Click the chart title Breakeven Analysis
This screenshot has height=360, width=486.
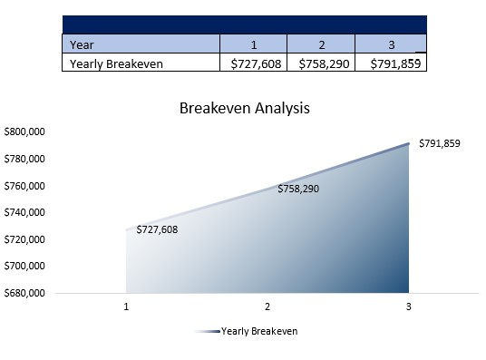coord(245,109)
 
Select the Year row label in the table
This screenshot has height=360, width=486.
coord(81,44)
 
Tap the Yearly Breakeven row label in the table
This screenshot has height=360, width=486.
coord(106,63)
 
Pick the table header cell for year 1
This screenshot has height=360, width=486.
coord(254,44)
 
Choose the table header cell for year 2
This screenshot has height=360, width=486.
coord(321,44)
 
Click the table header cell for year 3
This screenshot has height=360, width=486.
coord(390,44)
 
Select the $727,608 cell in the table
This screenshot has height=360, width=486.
coord(254,63)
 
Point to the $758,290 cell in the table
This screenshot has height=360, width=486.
coord(321,63)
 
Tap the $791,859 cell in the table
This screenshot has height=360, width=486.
coord(391,63)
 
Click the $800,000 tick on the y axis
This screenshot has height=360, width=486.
coord(24,132)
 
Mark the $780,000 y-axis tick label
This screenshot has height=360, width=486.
coord(24,160)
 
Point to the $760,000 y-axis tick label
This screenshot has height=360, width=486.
coord(24,186)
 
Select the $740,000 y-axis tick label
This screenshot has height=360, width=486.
coord(24,213)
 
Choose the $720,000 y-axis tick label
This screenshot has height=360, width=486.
coord(24,239)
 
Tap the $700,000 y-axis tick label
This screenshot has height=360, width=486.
coord(24,267)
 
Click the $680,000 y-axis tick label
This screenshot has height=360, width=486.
coord(24,294)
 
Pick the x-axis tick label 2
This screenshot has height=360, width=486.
coord(267,306)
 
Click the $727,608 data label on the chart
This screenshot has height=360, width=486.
coord(157,229)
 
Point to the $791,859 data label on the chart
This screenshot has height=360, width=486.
coord(440,143)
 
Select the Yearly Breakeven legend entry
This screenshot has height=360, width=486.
coord(258,331)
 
